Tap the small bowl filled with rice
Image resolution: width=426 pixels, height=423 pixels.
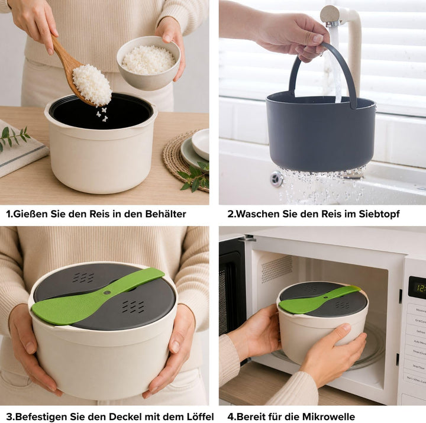click(x=149, y=63)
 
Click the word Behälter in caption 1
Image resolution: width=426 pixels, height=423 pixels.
click(x=166, y=214)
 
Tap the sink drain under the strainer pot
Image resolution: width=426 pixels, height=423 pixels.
click(x=276, y=179)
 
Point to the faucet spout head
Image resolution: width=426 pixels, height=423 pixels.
click(x=331, y=16)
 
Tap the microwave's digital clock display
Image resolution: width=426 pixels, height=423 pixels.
click(x=417, y=288)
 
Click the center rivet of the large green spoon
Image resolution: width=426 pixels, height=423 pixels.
click(x=106, y=293)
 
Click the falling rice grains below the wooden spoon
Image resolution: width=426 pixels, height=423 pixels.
click(x=102, y=114)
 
